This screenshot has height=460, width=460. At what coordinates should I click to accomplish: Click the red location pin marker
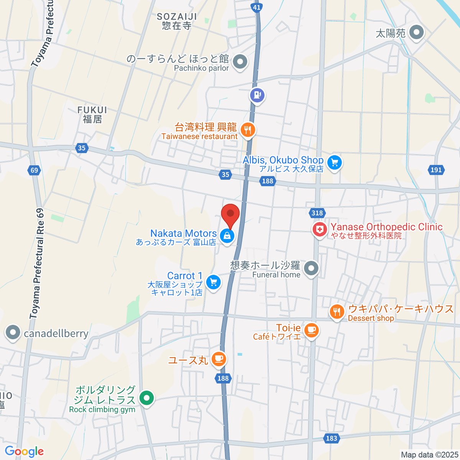click(230, 215)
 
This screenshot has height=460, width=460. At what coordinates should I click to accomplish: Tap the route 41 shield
click(256, 7)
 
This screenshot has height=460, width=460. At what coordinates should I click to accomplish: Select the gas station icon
click(257, 94)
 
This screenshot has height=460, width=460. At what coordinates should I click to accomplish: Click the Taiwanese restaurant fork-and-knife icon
click(248, 130)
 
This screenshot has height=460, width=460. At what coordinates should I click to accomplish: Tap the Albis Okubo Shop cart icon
click(335, 163)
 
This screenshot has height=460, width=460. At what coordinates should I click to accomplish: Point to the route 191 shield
click(436, 170)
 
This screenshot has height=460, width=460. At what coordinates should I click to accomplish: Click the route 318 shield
click(317, 213)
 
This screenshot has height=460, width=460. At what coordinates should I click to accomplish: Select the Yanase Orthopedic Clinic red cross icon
click(319, 230)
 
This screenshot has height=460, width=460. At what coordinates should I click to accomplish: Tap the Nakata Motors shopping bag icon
click(227, 236)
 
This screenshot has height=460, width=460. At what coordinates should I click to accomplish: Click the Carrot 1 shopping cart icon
click(213, 283)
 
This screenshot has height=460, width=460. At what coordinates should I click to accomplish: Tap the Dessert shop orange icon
click(337, 312)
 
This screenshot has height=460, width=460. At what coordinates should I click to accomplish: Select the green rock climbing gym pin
click(146, 398)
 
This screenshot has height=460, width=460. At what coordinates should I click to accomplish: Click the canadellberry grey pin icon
click(13, 332)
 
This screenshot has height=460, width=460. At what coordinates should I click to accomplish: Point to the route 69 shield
click(34, 170)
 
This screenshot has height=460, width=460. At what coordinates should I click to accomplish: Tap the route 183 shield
click(332, 438)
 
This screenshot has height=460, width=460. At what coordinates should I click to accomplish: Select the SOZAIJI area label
click(177, 21)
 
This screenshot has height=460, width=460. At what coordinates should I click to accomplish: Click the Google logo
click(24, 452)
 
